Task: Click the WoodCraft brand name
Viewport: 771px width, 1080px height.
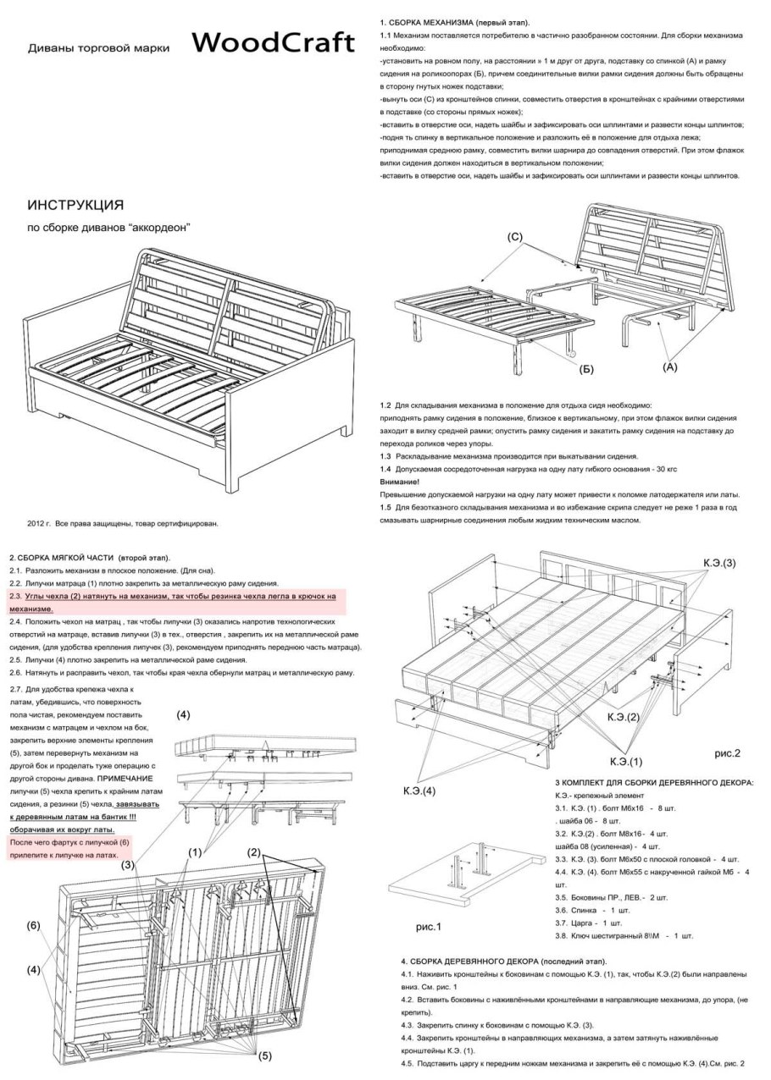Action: click(x=269, y=45)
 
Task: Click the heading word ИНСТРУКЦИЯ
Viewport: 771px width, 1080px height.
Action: click(x=76, y=206)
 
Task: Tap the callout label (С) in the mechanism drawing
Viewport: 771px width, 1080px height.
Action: click(x=514, y=238)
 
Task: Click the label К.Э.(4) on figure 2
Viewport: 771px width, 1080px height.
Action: click(x=419, y=791)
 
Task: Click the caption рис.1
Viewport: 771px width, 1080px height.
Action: click(x=428, y=927)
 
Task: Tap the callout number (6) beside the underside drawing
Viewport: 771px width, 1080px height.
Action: click(x=33, y=926)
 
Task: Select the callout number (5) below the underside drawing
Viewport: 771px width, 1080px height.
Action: click(x=264, y=1055)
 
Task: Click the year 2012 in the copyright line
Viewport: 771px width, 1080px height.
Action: click(x=35, y=524)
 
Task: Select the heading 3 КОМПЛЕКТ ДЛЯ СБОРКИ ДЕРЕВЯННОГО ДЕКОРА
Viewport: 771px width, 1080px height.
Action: click(x=653, y=783)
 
